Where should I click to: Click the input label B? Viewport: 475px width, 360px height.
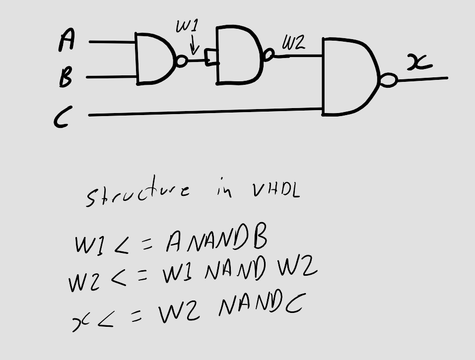[66, 77]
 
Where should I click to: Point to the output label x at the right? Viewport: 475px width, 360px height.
[419, 63]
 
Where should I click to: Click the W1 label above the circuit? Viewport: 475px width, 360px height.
[188, 28]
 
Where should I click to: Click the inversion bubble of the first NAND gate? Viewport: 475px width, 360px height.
[182, 61]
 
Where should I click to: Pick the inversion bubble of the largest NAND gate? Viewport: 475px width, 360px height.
[389, 80]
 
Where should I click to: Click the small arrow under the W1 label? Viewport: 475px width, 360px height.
[194, 48]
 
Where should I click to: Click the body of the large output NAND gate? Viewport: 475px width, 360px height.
[347, 77]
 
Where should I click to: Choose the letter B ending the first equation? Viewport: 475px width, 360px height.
[259, 239]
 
